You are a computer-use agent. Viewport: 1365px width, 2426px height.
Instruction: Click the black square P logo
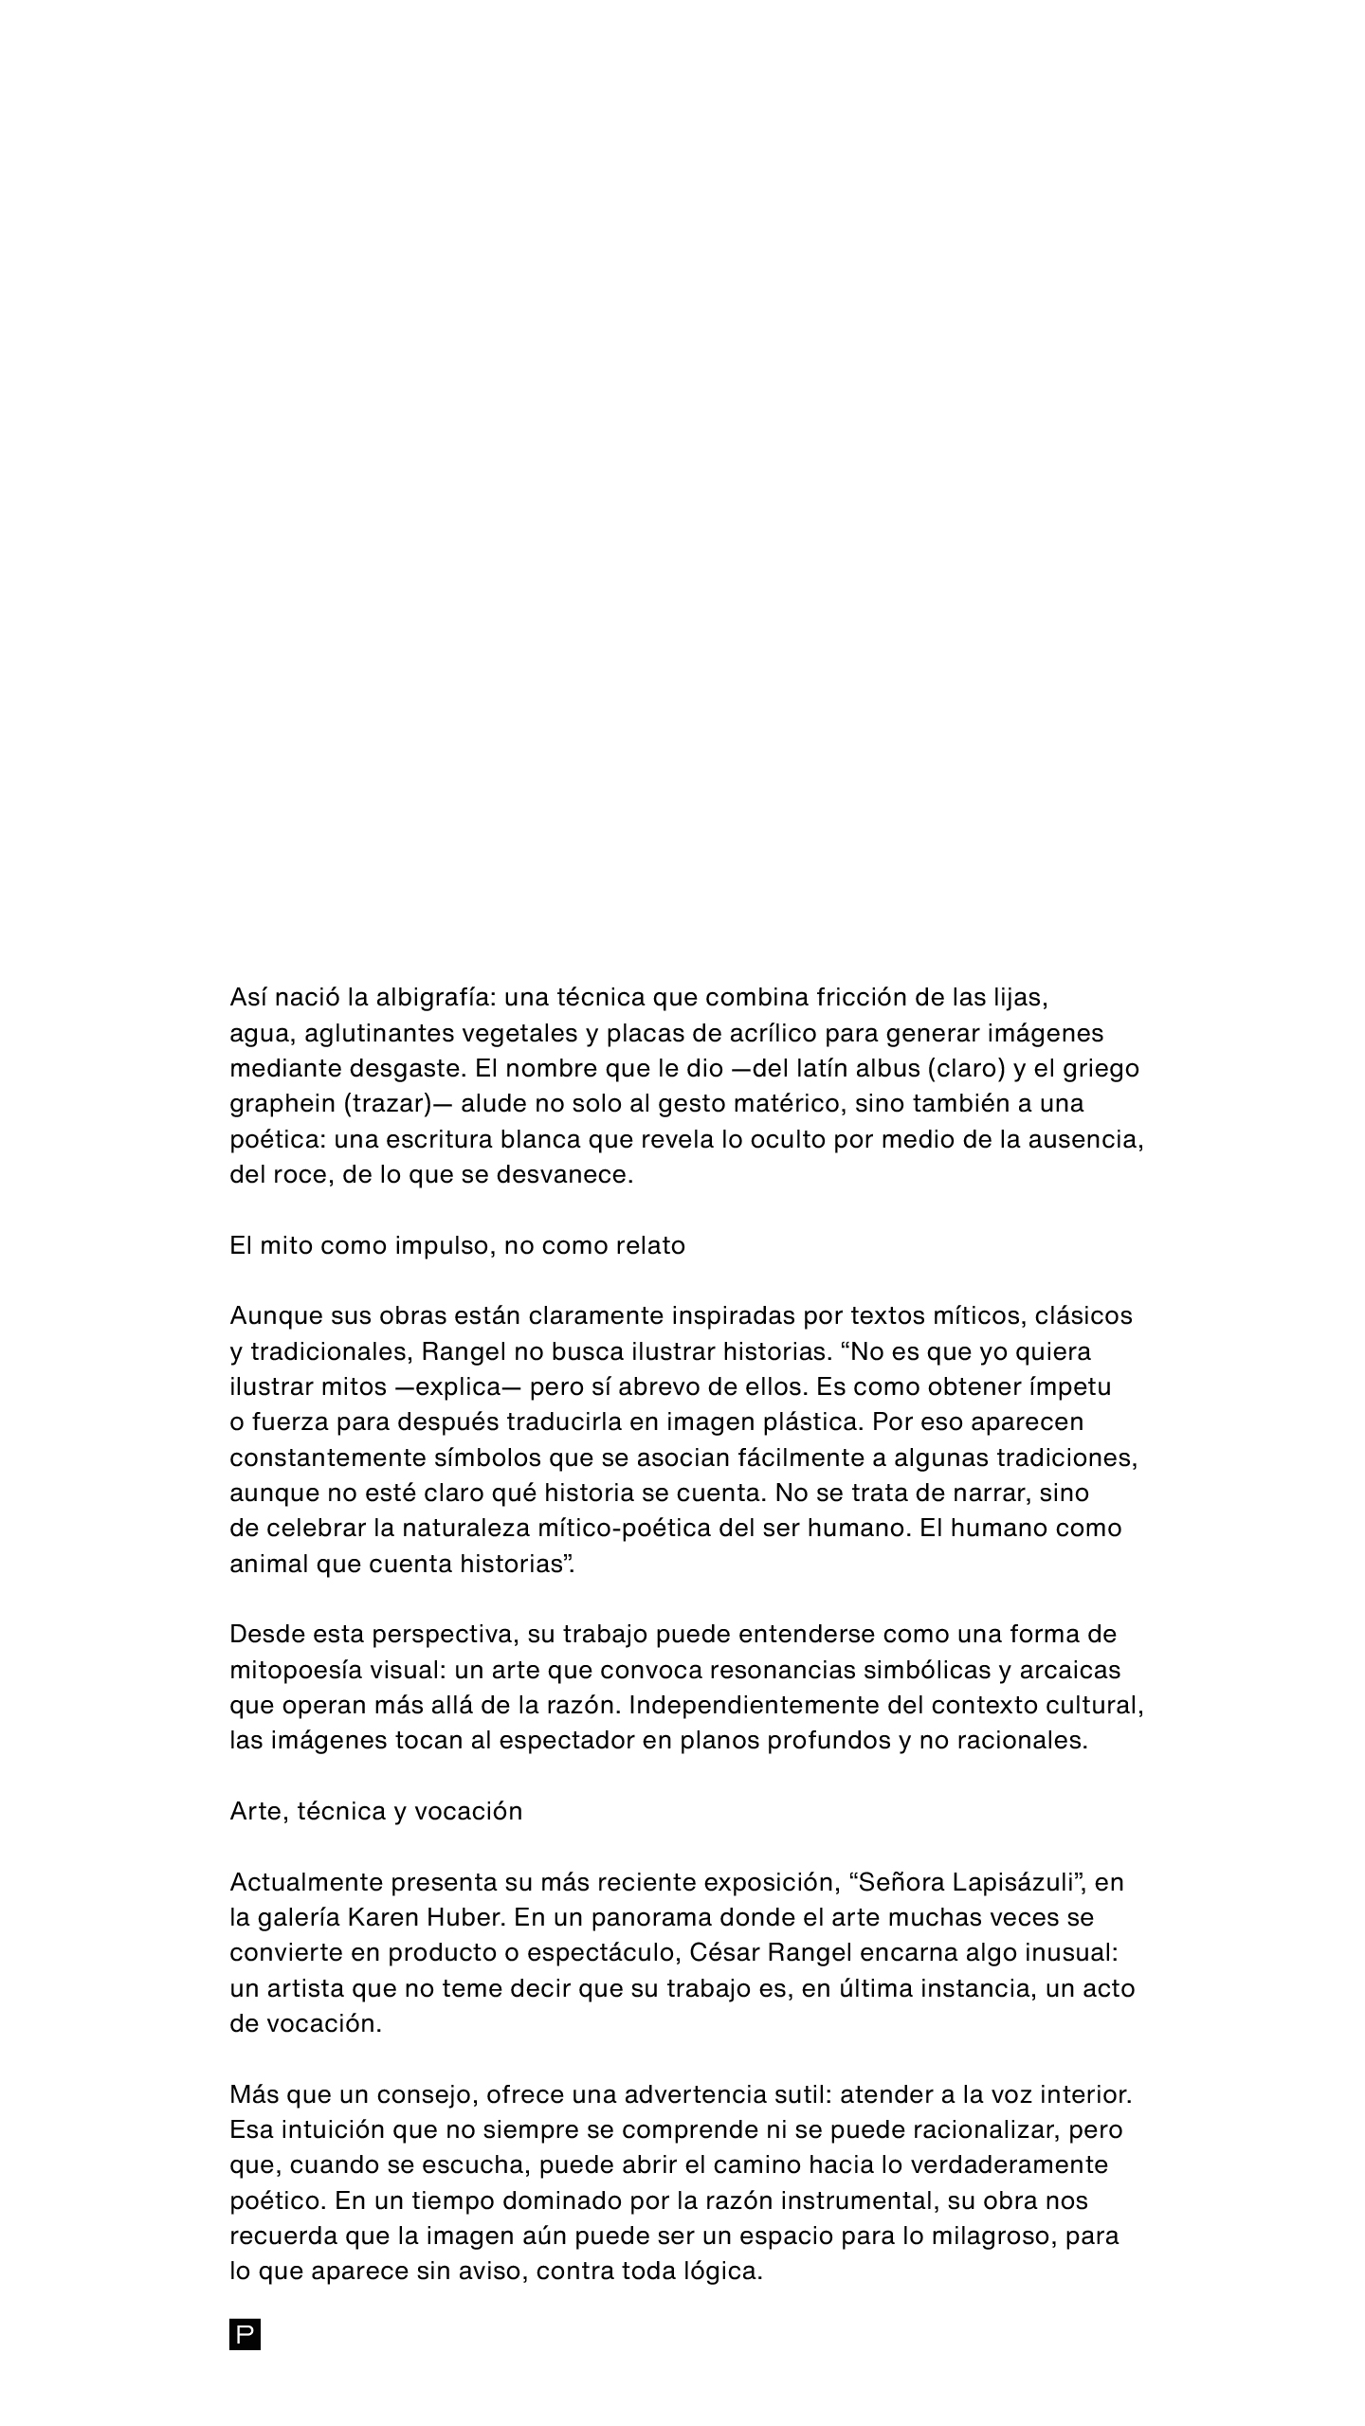pyautogui.click(x=245, y=2334)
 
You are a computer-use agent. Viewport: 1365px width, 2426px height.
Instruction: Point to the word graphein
pyautogui.click(x=282, y=1104)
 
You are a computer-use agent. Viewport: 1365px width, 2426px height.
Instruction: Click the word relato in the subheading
pyautogui.click(x=649, y=1245)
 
